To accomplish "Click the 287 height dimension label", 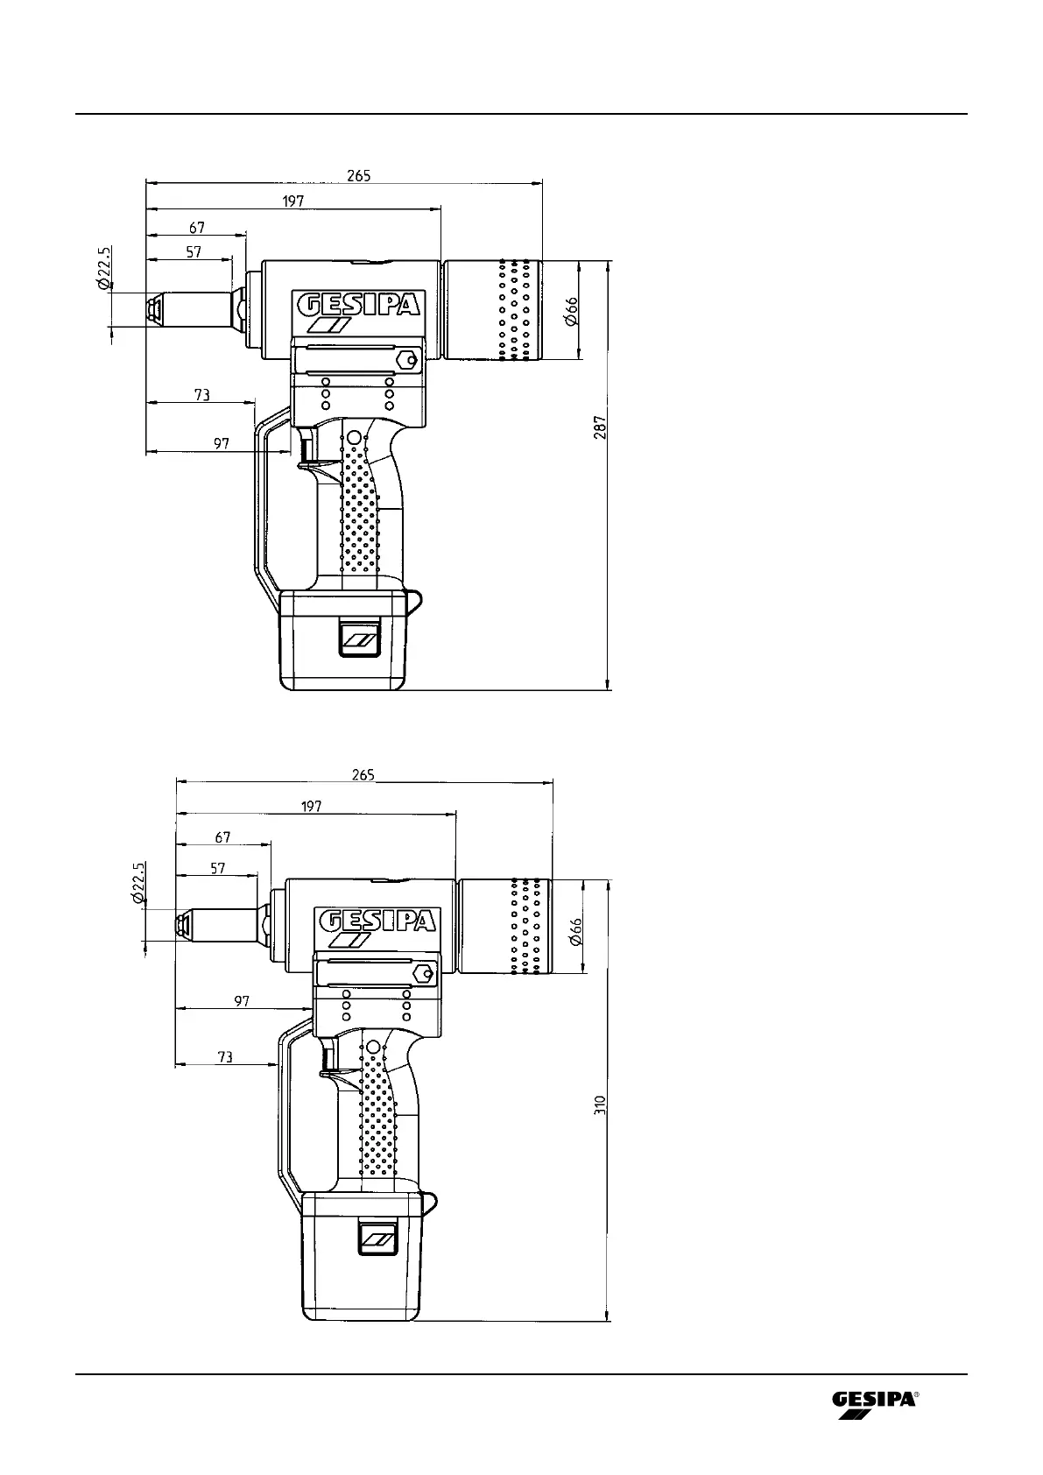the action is [600, 427].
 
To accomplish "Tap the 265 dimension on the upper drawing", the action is [359, 176].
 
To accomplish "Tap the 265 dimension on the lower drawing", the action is [363, 775].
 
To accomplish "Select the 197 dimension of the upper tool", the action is [293, 201].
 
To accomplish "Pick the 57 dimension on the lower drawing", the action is [218, 869].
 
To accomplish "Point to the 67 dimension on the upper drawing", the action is [197, 228].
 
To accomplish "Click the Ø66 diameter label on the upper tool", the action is [571, 312].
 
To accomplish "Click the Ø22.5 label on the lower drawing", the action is [138, 883].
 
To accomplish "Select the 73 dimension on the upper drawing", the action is [202, 395].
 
